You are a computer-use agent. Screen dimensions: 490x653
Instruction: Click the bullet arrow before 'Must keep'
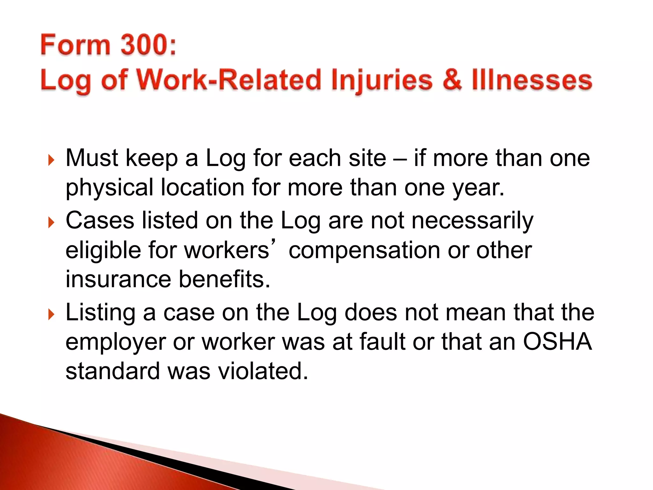(51, 160)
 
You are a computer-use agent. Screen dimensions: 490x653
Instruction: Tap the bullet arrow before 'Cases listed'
(51, 222)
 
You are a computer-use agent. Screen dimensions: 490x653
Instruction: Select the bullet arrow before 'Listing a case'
(51, 314)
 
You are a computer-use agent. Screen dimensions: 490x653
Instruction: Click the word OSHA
(557, 342)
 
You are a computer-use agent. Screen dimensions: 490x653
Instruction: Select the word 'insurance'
(118, 279)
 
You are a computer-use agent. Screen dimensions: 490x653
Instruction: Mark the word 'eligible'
(103, 250)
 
